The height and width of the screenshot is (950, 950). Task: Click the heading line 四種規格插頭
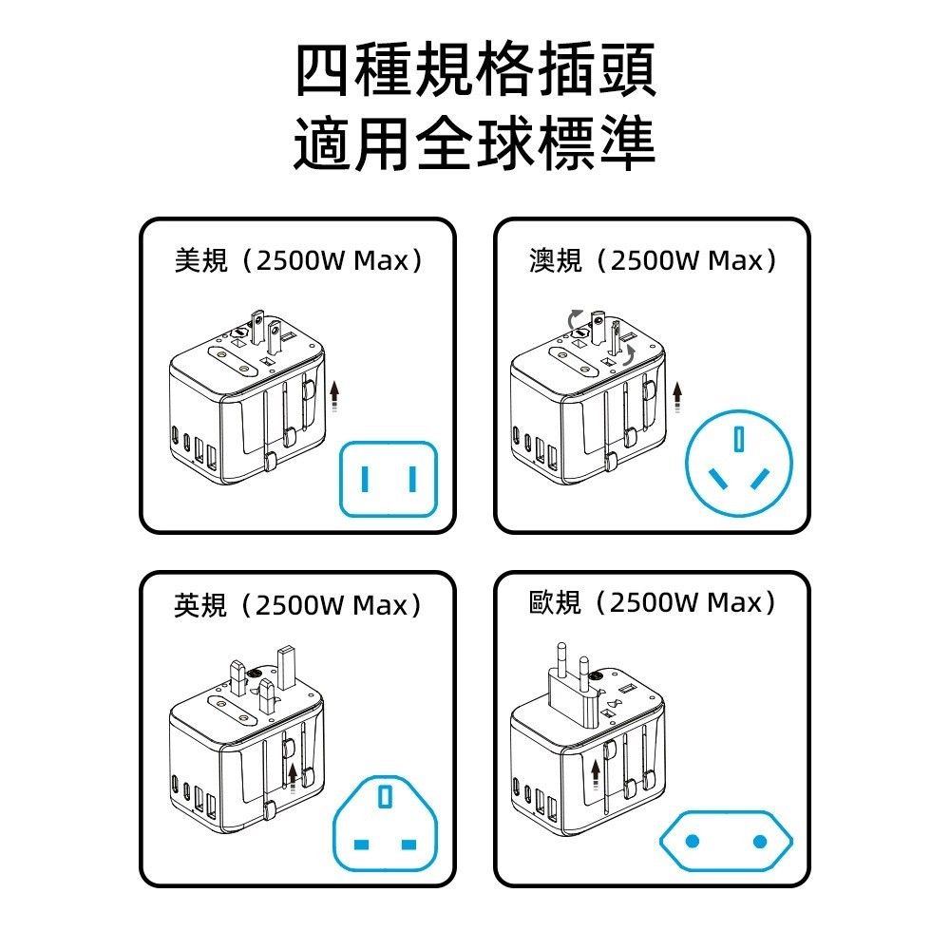476,69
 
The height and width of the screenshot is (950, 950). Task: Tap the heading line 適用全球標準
474,143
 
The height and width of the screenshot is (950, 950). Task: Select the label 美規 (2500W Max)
298,260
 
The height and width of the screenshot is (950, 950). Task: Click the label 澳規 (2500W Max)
653,260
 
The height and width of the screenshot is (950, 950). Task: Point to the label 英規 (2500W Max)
297,604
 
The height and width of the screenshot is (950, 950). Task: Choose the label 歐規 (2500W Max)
652,602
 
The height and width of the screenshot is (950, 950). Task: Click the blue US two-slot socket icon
389,479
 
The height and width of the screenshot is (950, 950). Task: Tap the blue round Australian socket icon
738,463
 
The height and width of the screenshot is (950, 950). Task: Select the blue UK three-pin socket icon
386,823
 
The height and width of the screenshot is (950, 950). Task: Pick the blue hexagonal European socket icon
726,841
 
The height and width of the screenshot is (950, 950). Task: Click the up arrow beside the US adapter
334,396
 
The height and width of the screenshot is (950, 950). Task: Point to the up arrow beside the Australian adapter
677,397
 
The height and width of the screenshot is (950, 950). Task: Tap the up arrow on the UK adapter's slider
294,778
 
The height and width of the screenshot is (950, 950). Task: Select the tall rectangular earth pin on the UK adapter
286,668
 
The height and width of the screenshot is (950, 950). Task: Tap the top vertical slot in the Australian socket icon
738,439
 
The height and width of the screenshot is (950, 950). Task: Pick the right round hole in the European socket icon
760,841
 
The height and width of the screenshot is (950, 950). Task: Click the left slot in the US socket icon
364,479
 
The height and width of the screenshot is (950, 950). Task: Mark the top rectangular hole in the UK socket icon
385,797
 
